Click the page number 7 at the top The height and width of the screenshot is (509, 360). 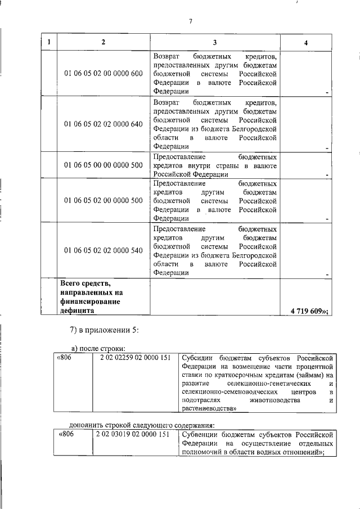[191, 21]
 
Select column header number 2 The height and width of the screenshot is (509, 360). [103, 43]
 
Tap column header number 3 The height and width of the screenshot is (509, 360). [215, 43]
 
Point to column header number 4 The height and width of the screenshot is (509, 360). [306, 43]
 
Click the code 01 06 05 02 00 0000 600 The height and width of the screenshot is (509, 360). [103, 74]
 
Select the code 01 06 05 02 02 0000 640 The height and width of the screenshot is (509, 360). [103, 124]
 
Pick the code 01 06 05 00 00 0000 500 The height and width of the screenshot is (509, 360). [103, 165]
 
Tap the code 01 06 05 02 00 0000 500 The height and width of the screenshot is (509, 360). [103, 200]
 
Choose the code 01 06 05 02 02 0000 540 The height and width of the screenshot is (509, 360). [103, 250]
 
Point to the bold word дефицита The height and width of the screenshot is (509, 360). [77, 310]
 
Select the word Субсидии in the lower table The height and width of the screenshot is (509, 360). [198, 358]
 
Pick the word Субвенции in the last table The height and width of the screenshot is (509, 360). [200, 434]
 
